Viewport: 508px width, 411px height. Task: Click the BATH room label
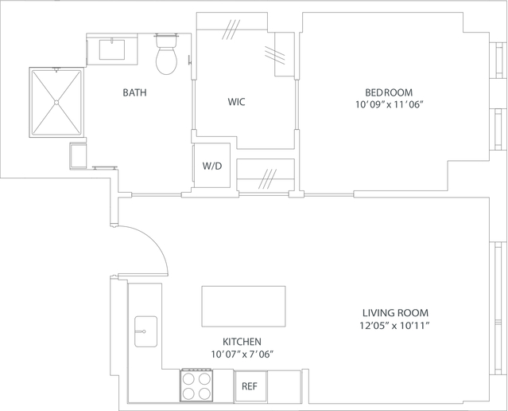click(x=134, y=92)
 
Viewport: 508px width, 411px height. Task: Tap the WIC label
click(x=236, y=102)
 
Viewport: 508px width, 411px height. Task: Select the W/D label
click(x=212, y=166)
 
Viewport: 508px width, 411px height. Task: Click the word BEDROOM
click(x=389, y=92)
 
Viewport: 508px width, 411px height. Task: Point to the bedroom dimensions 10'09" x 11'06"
click(x=390, y=105)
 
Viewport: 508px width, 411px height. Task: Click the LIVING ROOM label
click(x=395, y=313)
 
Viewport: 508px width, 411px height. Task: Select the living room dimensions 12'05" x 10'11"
click(x=394, y=325)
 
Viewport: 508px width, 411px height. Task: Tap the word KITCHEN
click(x=242, y=342)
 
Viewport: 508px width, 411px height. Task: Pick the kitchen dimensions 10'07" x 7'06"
click(x=242, y=354)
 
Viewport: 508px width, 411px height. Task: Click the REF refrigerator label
click(x=250, y=386)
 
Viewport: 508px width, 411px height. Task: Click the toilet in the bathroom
click(x=166, y=54)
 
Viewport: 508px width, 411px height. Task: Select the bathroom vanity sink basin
click(x=112, y=49)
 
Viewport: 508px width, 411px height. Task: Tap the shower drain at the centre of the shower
click(x=56, y=103)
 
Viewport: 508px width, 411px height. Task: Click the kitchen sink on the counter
click(x=145, y=331)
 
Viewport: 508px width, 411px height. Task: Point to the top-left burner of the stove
click(x=188, y=378)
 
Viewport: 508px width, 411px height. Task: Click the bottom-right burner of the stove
click(x=205, y=393)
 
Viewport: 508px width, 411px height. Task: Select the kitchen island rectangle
click(x=243, y=307)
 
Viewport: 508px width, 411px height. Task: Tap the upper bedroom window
click(x=500, y=61)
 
